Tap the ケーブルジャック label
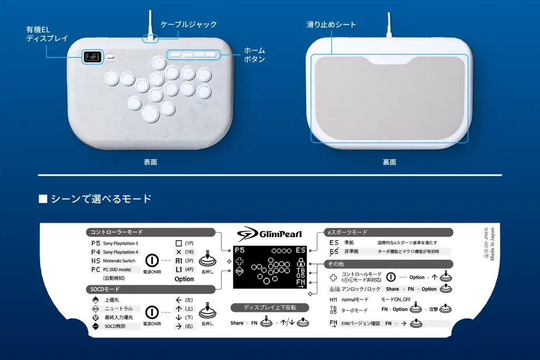(x=188, y=24)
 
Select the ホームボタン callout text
(x=254, y=55)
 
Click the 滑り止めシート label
(x=331, y=24)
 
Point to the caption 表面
(x=150, y=162)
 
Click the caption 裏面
(x=389, y=162)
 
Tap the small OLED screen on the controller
(x=92, y=57)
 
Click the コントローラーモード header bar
(x=150, y=232)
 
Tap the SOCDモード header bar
(x=150, y=289)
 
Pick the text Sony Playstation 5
(x=121, y=244)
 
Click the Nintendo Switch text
(x=119, y=261)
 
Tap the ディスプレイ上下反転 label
(x=270, y=307)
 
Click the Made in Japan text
(x=492, y=244)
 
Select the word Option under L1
(x=184, y=279)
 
